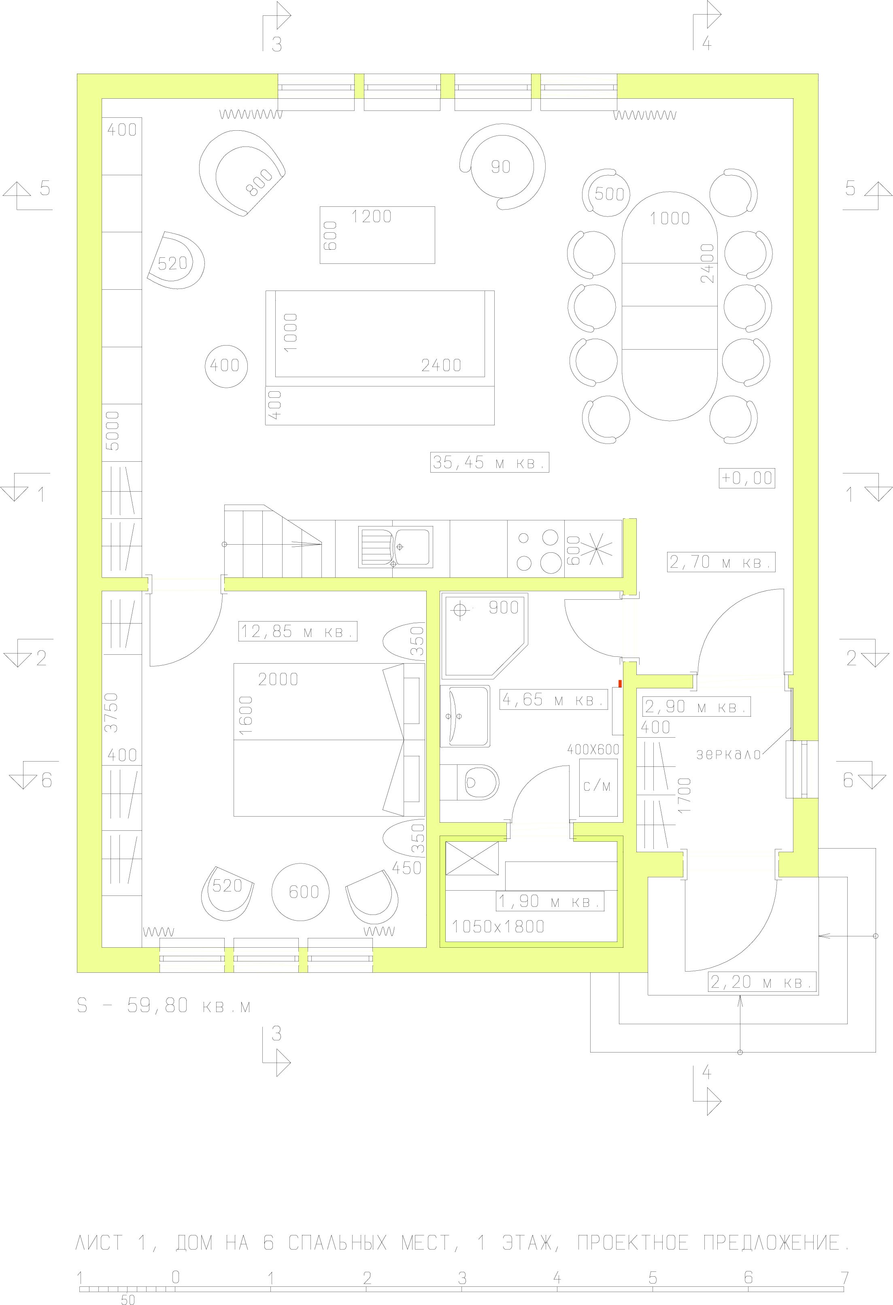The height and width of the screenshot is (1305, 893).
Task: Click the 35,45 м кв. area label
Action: pos(489,462)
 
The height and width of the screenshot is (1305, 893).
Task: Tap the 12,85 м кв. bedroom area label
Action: pos(298,631)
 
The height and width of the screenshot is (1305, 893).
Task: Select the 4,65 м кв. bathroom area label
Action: pos(554,700)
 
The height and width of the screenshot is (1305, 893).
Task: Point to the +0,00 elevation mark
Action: pos(747,478)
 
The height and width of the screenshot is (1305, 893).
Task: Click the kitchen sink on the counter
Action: pos(395,547)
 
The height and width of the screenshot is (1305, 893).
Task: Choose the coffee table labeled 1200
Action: pos(377,235)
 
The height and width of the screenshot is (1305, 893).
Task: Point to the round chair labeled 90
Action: pos(502,167)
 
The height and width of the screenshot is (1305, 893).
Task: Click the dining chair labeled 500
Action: pos(606,193)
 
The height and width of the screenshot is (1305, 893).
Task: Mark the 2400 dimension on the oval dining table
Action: pos(708,263)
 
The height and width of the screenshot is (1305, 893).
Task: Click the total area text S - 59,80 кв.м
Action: pos(164,1005)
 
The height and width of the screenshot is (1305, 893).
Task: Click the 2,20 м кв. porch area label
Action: pos(761,982)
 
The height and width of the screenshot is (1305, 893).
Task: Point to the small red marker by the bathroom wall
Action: pos(620,683)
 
